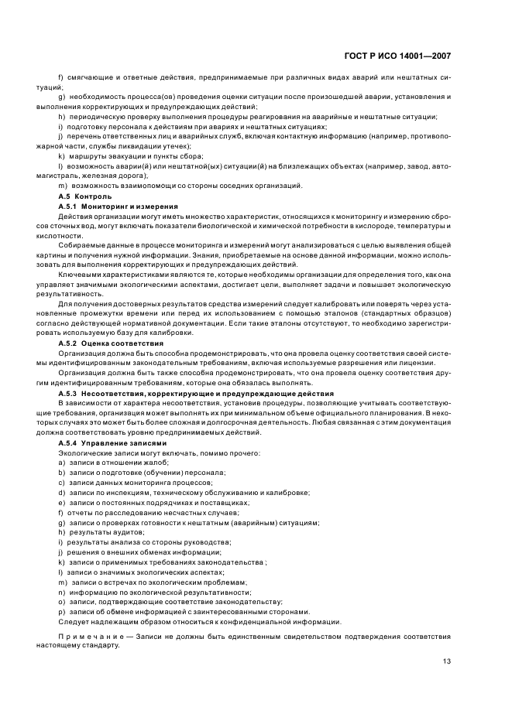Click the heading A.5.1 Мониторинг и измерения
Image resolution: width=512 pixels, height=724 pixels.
[118, 207]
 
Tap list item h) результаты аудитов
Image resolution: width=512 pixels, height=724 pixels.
[101, 532]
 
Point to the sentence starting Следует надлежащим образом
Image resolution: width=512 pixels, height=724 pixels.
[199, 621]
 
